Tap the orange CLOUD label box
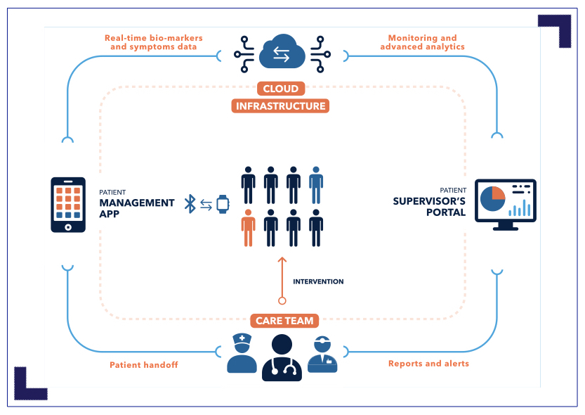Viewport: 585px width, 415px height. [x=281, y=89]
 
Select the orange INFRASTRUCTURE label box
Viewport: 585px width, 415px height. [x=281, y=106]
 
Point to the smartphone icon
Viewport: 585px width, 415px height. [x=68, y=205]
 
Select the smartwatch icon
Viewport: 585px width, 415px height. [x=223, y=204]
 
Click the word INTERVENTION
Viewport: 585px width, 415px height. [x=318, y=281]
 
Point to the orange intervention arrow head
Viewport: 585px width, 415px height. [x=282, y=260]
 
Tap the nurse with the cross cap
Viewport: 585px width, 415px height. [x=242, y=354]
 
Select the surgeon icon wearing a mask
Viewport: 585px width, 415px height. [x=322, y=355]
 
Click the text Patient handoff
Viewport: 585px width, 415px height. [x=144, y=365]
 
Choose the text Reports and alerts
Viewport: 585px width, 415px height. [x=428, y=364]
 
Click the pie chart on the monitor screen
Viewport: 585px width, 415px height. [x=494, y=199]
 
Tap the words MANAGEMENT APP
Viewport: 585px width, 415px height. [x=136, y=208]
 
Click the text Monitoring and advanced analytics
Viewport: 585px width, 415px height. [x=422, y=42]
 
